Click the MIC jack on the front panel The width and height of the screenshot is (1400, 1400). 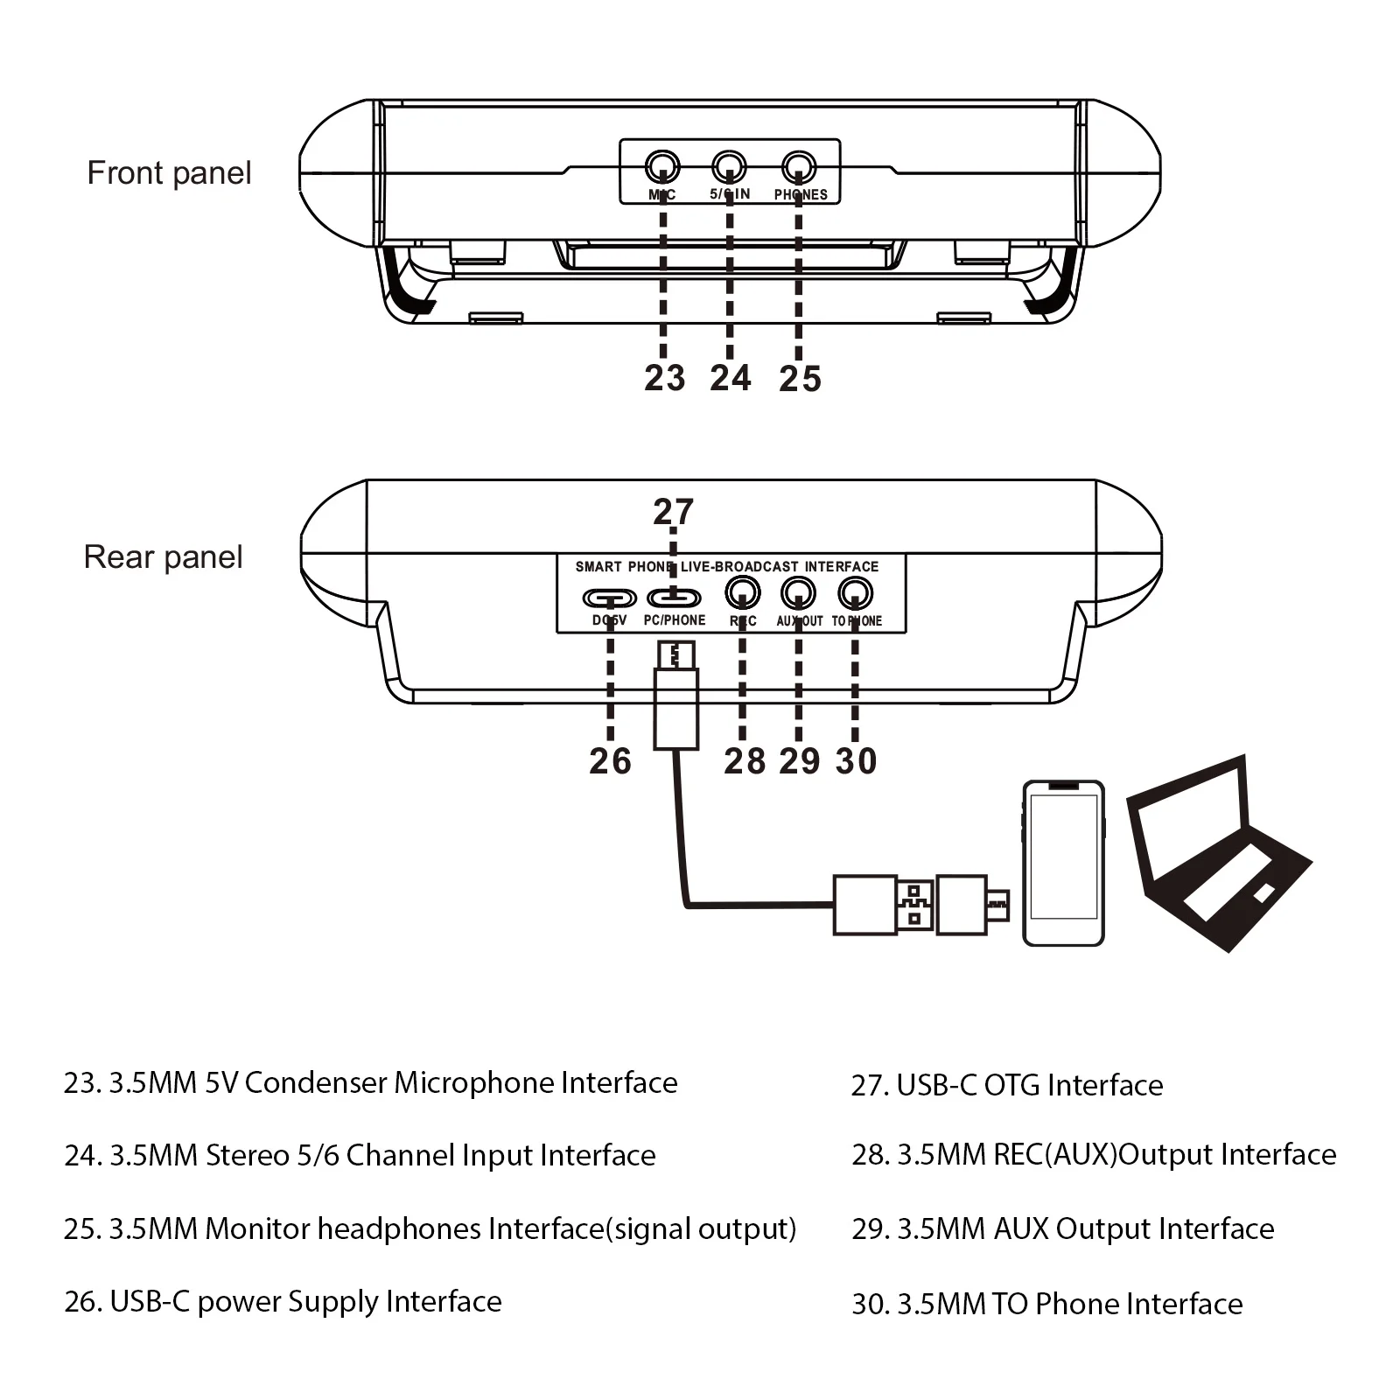click(661, 165)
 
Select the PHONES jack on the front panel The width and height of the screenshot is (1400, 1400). click(798, 165)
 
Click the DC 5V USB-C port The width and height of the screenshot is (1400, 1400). click(610, 598)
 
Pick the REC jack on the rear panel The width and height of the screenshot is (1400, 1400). click(743, 593)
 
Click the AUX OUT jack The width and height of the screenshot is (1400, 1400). click(798, 593)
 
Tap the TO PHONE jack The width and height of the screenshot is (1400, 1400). click(855, 594)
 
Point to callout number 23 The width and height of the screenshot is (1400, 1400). click(664, 378)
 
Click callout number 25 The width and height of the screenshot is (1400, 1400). click(800, 379)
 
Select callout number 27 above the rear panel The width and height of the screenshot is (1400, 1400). click(673, 512)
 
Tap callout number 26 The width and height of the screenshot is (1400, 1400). click(610, 761)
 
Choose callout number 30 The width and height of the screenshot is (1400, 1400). click(856, 761)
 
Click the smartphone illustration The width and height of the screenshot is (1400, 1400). click(1063, 862)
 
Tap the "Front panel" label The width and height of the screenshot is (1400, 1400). click(169, 173)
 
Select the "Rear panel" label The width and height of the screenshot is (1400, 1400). click(163, 557)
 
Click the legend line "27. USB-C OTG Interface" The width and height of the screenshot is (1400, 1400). click(1007, 1085)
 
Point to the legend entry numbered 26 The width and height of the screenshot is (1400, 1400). click(283, 1302)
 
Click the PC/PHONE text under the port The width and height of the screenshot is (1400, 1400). click(674, 620)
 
